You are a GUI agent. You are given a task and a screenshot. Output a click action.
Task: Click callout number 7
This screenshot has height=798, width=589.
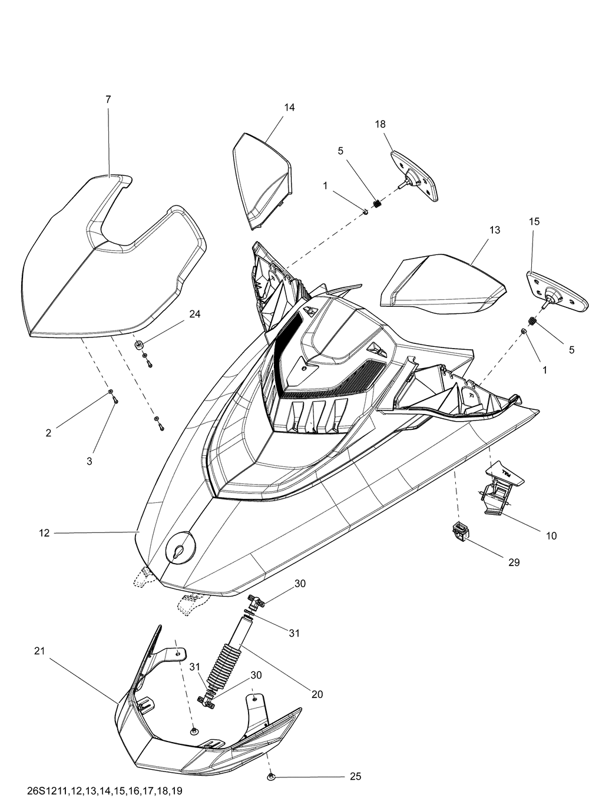(108, 100)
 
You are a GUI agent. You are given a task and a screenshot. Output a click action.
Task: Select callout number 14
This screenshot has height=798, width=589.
(289, 108)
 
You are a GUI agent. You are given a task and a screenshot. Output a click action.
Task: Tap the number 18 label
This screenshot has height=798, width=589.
(380, 124)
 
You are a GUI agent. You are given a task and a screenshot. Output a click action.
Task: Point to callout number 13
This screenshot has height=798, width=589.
(495, 230)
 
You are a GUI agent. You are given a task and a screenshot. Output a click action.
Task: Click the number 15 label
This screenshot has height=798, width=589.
(534, 221)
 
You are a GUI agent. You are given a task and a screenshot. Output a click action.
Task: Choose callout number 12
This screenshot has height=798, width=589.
(44, 533)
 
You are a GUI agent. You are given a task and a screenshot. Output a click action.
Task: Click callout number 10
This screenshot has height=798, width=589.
(551, 536)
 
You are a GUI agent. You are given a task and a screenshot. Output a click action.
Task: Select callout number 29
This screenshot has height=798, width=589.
(514, 562)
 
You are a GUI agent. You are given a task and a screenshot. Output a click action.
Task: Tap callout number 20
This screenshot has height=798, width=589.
(317, 694)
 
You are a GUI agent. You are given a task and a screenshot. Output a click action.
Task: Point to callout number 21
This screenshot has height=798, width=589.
(39, 651)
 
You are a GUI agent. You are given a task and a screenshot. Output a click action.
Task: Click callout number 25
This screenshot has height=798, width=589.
(355, 777)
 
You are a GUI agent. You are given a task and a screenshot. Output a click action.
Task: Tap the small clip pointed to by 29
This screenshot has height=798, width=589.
(459, 530)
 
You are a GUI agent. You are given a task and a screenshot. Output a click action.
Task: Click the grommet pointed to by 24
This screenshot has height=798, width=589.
(140, 345)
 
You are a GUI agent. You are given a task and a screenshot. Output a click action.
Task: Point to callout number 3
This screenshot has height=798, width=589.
(90, 462)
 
